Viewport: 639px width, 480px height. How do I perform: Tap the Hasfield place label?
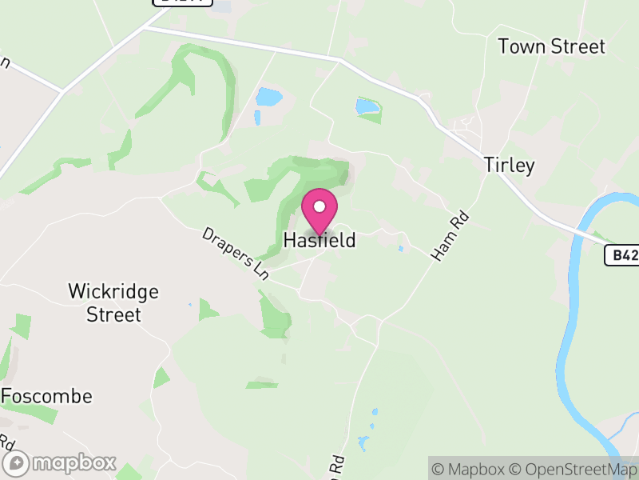(x=319, y=240)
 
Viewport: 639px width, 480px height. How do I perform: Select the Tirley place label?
(x=509, y=165)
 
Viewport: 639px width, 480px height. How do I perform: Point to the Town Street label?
(x=552, y=46)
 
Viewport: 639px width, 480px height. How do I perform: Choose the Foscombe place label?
(x=47, y=396)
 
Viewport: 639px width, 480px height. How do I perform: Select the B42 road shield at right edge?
(x=621, y=255)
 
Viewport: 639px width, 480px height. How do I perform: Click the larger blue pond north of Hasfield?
(x=269, y=98)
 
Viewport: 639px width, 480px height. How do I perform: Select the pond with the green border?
(x=367, y=106)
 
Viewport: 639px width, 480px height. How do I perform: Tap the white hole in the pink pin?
(x=319, y=206)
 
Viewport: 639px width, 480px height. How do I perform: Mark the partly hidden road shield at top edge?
(x=184, y=2)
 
